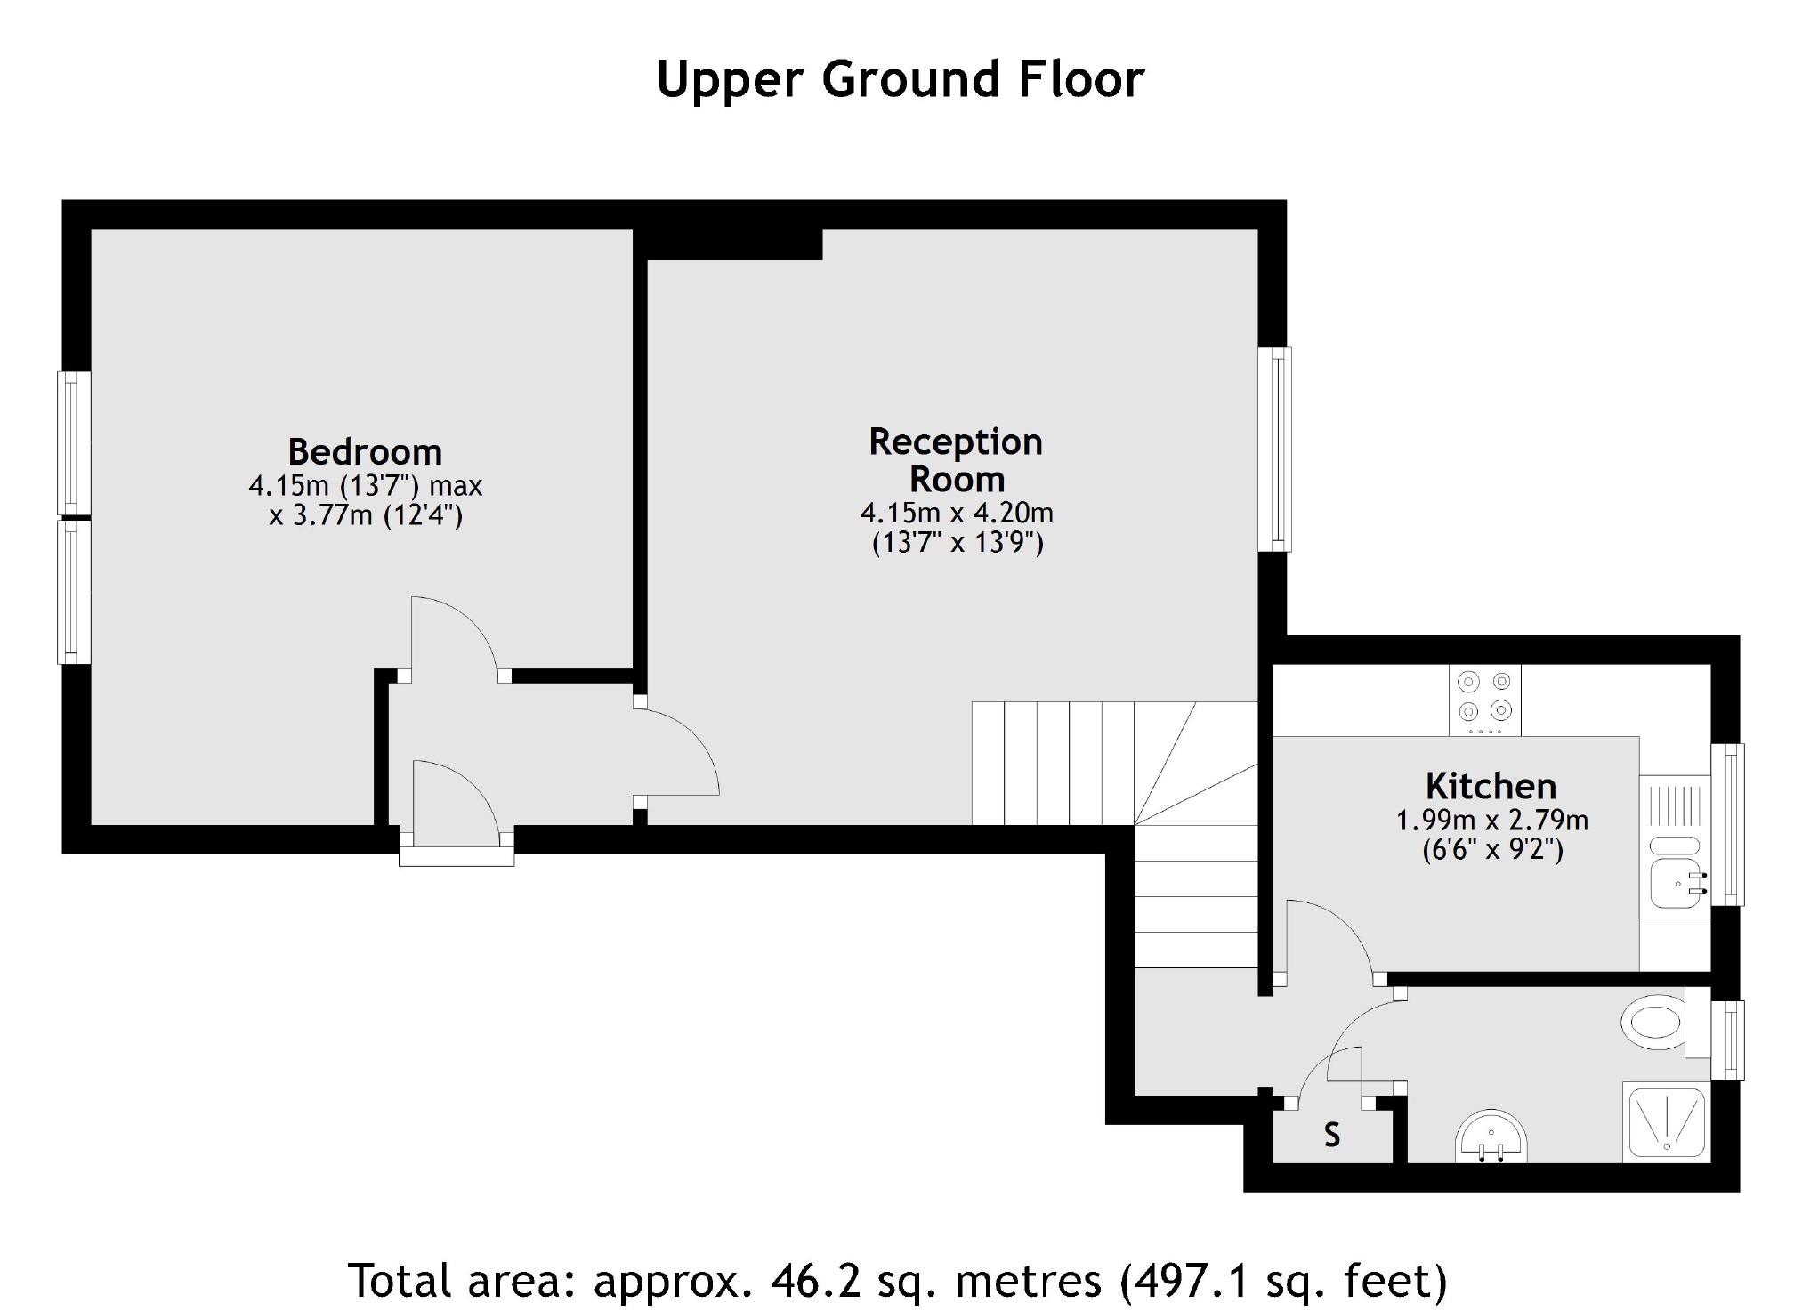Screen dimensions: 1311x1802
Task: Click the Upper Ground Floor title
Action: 900,79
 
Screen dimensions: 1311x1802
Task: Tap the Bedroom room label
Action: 365,452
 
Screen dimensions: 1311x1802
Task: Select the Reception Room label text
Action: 956,460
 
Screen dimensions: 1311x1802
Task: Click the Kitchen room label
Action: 1491,786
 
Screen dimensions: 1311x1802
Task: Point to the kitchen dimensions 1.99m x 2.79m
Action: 1491,820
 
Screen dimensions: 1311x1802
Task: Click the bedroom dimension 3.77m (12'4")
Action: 366,515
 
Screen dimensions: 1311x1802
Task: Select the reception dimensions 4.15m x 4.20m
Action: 957,513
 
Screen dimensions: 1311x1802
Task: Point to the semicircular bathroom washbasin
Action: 1491,1137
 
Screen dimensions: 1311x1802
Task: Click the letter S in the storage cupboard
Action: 1331,1136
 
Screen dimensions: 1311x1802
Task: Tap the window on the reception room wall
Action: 1274,449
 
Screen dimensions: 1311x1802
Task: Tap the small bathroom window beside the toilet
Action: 1727,1040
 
